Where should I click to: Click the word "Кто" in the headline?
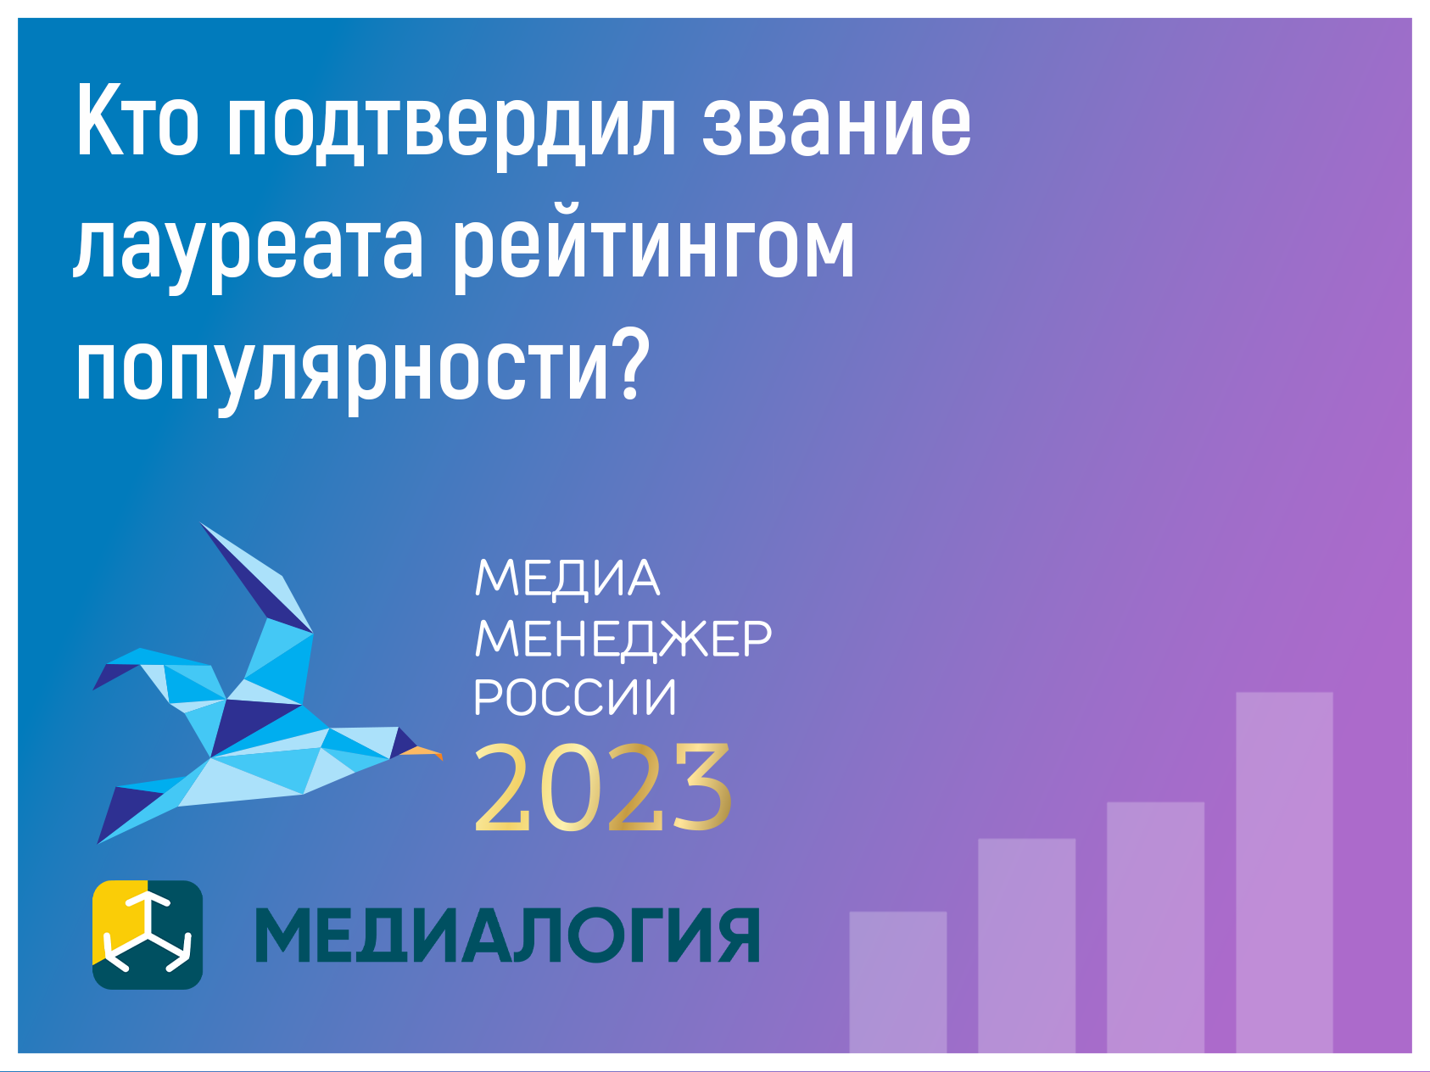point(137,122)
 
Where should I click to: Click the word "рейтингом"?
point(652,246)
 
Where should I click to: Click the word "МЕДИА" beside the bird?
point(567,579)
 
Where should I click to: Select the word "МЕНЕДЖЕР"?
point(623,639)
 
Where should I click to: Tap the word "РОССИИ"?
point(575,698)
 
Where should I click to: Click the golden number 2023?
point(602,788)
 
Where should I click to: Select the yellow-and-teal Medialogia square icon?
point(148,935)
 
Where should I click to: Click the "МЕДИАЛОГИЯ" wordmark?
point(507,935)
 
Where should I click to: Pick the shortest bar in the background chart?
point(898,982)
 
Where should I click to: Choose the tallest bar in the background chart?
point(1284,873)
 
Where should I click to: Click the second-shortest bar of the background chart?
point(1027,946)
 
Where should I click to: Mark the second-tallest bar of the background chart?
point(1155,928)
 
